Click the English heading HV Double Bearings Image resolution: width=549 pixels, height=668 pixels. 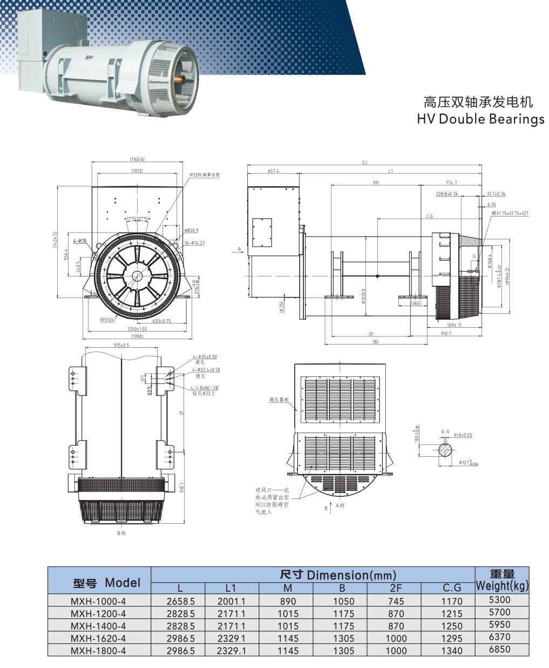(x=480, y=119)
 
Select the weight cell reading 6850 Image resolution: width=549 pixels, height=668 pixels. (x=499, y=650)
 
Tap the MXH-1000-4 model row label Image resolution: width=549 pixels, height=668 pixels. (x=98, y=602)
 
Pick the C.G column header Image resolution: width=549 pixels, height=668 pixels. (x=452, y=588)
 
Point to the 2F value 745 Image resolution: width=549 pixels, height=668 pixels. (x=396, y=602)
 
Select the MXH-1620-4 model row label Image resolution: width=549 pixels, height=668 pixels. (x=98, y=639)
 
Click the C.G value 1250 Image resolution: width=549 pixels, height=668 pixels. (x=452, y=626)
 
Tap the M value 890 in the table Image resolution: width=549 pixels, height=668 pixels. (x=288, y=602)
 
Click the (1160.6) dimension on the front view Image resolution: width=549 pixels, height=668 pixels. (x=137, y=159)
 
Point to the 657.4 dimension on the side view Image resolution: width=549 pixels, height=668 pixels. (x=273, y=171)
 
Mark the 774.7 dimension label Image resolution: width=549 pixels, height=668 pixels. (x=451, y=183)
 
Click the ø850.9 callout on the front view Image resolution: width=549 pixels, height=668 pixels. (x=192, y=231)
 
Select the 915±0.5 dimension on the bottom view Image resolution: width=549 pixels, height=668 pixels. (x=121, y=345)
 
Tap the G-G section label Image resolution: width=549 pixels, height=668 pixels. (x=445, y=432)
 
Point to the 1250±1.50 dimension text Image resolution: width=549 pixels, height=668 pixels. (x=137, y=329)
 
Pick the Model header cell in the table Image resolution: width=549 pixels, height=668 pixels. (x=107, y=583)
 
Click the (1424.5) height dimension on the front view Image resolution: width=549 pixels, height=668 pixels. (x=55, y=240)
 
